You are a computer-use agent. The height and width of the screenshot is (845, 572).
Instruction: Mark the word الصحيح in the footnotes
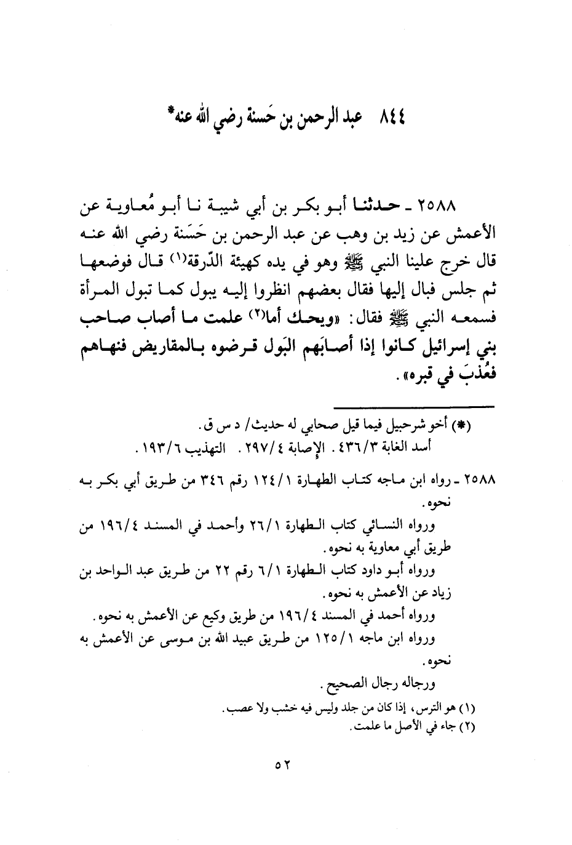pyautogui.click(x=338, y=684)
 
